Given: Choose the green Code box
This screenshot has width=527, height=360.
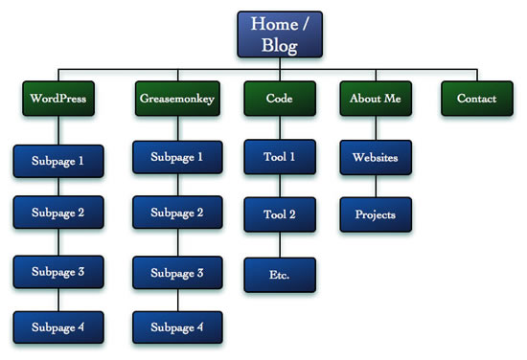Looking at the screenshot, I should (280, 99).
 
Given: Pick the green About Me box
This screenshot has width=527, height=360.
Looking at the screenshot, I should (375, 99).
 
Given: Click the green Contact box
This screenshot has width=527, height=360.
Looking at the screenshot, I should (476, 99).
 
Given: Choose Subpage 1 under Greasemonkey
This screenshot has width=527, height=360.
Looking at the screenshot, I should (176, 157).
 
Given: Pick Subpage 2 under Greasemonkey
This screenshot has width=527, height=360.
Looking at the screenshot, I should (176, 213).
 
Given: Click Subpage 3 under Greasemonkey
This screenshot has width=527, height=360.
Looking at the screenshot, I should (176, 273).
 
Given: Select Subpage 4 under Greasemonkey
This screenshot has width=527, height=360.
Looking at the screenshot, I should (176, 327).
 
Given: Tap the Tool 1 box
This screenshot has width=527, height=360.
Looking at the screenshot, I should (280, 157).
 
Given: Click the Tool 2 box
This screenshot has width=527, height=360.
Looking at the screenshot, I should (280, 214).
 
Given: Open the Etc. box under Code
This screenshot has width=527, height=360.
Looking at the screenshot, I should (280, 275).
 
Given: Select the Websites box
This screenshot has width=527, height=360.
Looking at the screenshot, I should (376, 157).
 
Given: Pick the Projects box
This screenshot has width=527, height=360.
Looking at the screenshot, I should (376, 214).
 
